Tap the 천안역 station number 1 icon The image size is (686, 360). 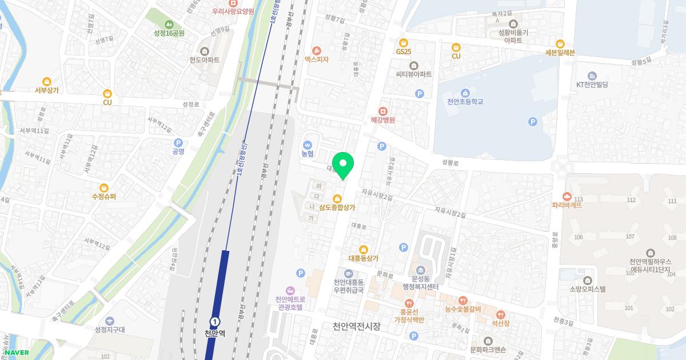click(x=214, y=322)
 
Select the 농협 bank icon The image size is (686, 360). click(x=308, y=145)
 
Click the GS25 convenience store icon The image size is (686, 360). click(x=404, y=42)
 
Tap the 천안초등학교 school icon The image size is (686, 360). click(x=465, y=93)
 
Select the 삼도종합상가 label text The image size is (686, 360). click(x=337, y=208)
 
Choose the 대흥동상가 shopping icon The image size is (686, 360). click(x=363, y=249)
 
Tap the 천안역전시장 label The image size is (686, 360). click(x=356, y=326)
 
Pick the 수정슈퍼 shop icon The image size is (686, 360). click(x=103, y=187)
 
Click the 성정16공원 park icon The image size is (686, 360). click(x=169, y=24)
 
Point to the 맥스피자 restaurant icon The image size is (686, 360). click(x=316, y=50)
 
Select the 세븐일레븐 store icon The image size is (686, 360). click(x=560, y=43)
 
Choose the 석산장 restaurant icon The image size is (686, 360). click(x=501, y=314)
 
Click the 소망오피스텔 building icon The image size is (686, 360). click(x=587, y=280)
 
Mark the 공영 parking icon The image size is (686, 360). click(x=178, y=143)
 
